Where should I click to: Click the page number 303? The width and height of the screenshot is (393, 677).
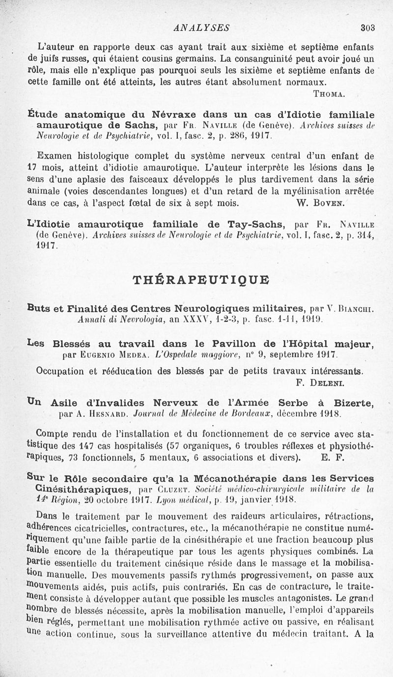(367, 28)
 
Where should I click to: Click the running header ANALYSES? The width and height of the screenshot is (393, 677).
(202, 27)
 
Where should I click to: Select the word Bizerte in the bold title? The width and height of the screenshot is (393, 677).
(351, 403)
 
